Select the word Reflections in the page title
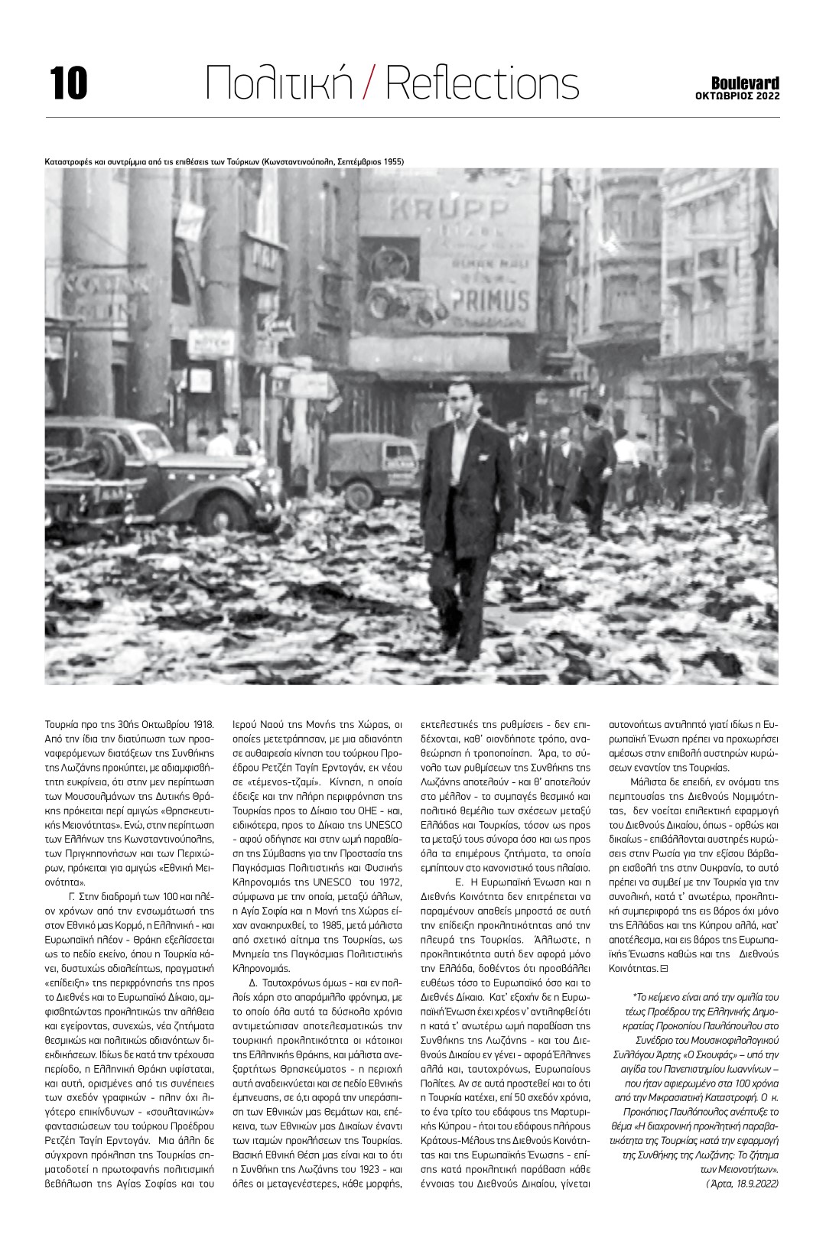coord(482,82)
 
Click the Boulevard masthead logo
coord(745,83)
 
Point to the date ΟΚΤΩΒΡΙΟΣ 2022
coord(737,96)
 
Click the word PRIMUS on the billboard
coord(489,299)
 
